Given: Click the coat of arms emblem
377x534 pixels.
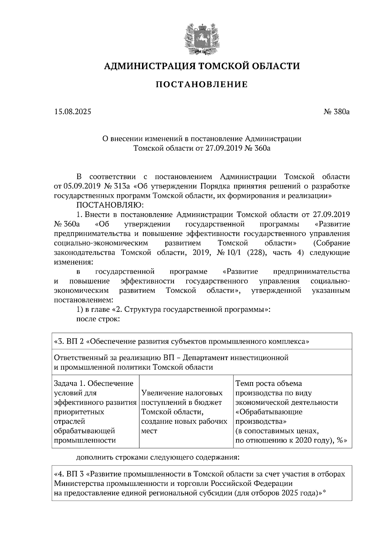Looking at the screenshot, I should [201, 36].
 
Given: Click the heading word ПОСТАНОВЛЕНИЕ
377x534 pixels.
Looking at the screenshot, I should [201, 85].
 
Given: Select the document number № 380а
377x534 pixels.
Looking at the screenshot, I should [336, 111].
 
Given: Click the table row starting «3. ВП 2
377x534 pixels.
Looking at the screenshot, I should [182, 341].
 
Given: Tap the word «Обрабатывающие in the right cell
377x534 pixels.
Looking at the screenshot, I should [269, 412].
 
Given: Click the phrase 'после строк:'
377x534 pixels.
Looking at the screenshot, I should [98, 319].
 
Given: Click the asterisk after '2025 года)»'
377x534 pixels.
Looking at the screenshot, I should [325, 492].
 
